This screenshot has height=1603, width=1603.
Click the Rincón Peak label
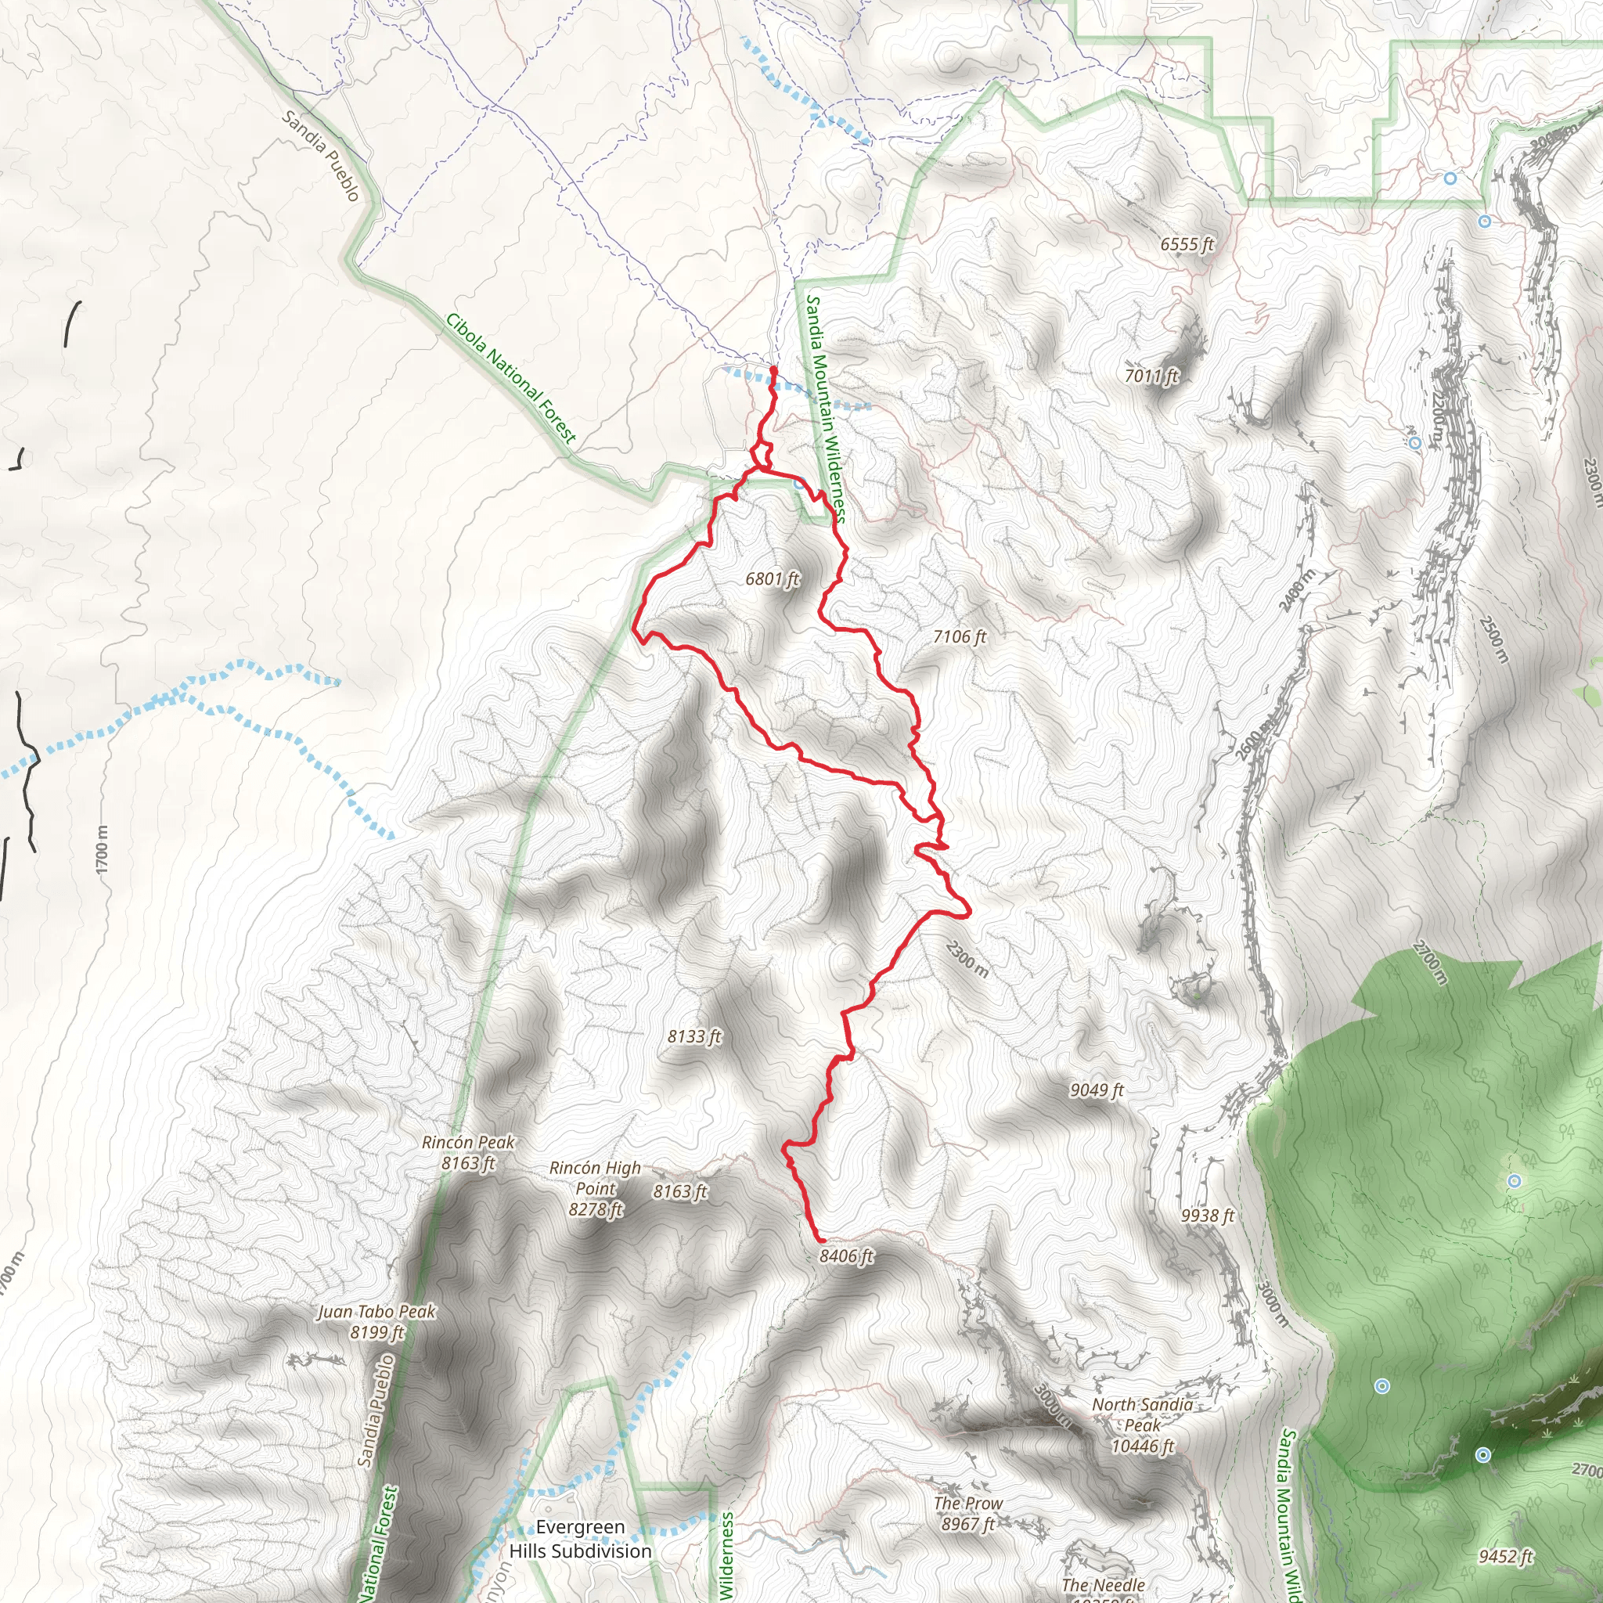468,1152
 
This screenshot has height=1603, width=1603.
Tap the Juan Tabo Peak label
376,1322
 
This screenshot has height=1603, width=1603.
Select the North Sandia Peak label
1143,1425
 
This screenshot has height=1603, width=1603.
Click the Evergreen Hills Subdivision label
580,1539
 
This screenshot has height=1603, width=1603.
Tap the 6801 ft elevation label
772,578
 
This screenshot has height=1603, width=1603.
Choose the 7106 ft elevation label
959,636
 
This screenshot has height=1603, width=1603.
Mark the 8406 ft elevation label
846,1256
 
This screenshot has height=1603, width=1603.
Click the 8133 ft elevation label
694,1036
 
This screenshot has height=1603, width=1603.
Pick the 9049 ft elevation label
1096,1090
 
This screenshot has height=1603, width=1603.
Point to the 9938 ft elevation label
1207,1216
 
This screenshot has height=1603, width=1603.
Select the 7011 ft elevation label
1151,376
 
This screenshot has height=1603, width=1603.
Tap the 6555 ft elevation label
1187,244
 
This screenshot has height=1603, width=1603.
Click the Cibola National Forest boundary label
510,378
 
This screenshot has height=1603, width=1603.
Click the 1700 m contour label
101,848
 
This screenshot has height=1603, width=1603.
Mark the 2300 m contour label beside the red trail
967,958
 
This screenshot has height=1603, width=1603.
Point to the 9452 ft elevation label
1505,1557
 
